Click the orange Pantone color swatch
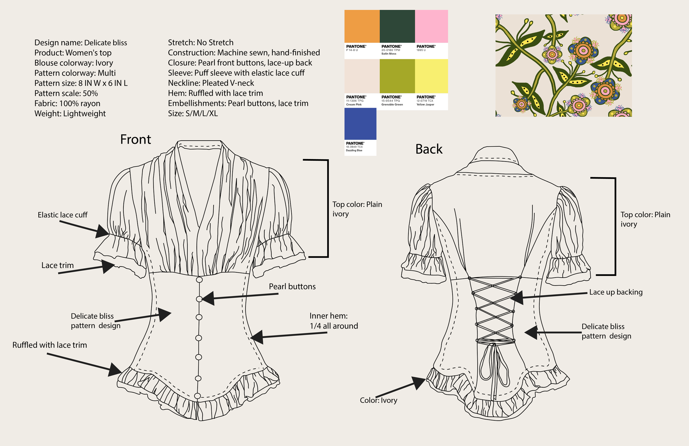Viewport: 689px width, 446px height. point(362,26)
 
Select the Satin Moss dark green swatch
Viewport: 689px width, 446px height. point(397,26)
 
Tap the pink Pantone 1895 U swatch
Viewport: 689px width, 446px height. point(431,26)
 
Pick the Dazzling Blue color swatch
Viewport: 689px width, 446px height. point(360,124)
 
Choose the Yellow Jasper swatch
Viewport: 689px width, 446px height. point(431,76)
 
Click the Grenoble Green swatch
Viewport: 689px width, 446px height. point(397,76)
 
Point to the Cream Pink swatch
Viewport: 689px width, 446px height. point(362,76)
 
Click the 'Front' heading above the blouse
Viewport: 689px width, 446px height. point(136,139)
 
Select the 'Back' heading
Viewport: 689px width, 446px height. point(429,149)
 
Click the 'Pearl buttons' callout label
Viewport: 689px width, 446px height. point(292,286)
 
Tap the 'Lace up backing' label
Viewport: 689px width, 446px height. point(616,292)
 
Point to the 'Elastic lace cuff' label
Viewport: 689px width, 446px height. point(63,215)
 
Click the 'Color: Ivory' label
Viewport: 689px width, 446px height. point(378,400)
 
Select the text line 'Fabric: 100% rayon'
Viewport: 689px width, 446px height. point(67,103)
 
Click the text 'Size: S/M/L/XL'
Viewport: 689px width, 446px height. point(193,114)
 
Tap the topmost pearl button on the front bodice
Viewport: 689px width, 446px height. point(199,280)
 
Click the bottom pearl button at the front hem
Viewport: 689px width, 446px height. point(197,396)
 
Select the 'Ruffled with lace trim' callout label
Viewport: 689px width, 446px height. point(50,345)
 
